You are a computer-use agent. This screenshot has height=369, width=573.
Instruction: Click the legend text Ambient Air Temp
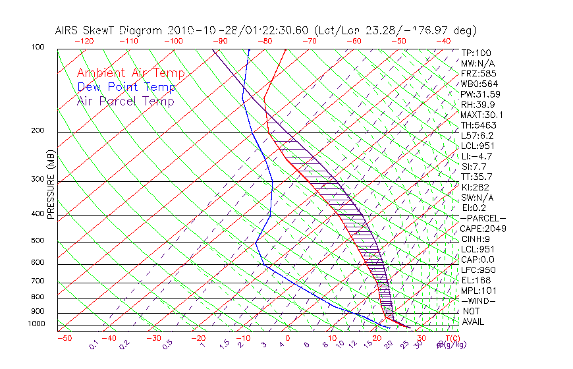pos(130,73)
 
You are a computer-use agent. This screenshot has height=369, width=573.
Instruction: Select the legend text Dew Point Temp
pos(126,87)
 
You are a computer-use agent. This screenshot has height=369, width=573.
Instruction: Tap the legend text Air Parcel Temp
pos(125,101)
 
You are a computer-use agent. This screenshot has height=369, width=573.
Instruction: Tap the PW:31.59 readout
pos(481,94)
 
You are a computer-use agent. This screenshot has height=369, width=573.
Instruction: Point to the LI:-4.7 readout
pos(476,156)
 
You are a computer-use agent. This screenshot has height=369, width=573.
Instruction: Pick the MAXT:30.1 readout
pos(483,115)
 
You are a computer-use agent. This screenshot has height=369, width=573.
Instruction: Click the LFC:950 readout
pos(478,270)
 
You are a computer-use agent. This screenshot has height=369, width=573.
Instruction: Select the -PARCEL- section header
pos(483,218)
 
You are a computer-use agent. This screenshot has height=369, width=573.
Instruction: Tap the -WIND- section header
pos(478,300)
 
